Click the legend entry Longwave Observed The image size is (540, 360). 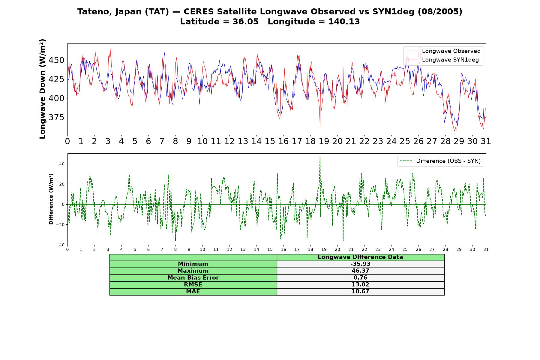tap(443, 51)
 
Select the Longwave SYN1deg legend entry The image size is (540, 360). tap(442, 60)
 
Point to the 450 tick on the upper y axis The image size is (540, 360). tap(56, 60)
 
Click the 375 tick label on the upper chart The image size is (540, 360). tap(56, 117)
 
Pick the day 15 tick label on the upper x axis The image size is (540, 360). tap(270, 141)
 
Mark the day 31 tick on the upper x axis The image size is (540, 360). tap(486, 141)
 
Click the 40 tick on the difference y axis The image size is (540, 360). tap(62, 164)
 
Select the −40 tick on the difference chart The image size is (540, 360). tap(60, 245)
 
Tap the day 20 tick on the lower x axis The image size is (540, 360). tap(337, 249)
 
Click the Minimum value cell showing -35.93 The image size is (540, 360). tap(361, 264)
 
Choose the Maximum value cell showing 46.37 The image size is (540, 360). tap(361, 271)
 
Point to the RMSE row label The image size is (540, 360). tap(193, 285)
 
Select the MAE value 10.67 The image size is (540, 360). tap(361, 292)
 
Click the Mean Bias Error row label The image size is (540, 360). tap(193, 278)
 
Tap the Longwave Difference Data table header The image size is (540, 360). tap(361, 257)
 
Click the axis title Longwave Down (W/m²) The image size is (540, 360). tap(43, 89)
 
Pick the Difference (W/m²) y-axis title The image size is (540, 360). tap(51, 199)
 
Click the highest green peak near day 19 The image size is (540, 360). tap(320, 157)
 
